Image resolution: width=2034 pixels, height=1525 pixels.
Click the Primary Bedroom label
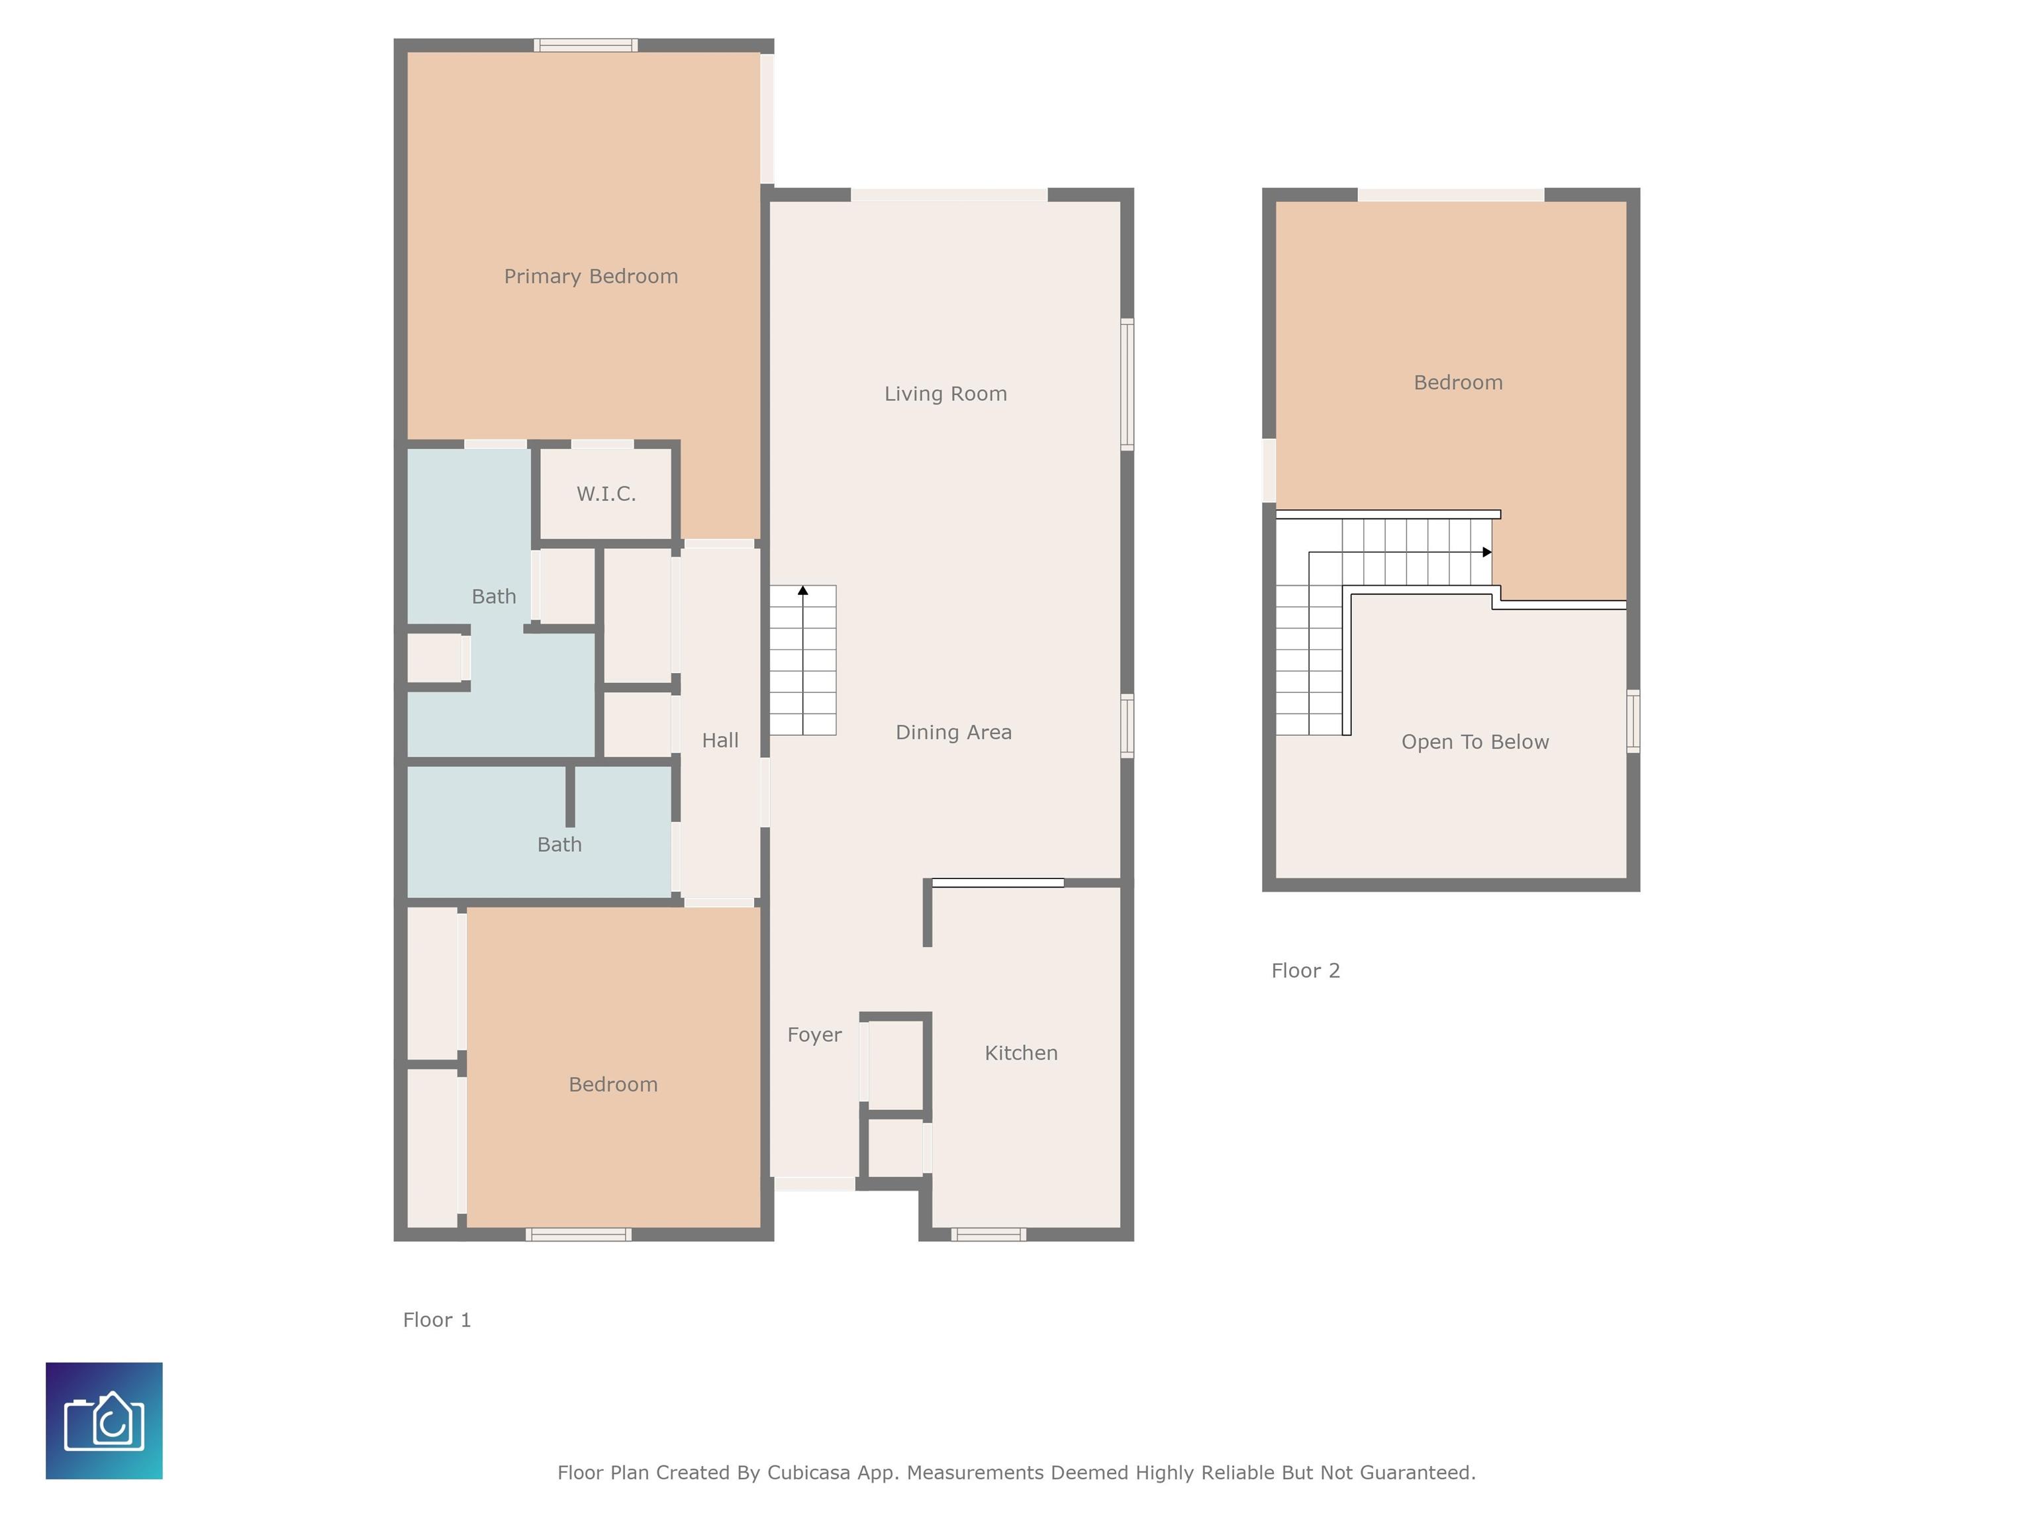tap(591, 277)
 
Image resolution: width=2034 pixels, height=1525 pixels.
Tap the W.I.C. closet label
tap(606, 494)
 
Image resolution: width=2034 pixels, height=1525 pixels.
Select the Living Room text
tap(945, 393)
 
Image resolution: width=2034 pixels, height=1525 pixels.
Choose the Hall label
tap(720, 741)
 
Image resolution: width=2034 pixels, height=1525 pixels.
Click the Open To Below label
tap(1475, 742)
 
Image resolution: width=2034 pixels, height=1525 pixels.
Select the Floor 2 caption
tap(1305, 971)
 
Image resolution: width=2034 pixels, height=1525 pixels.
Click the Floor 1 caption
tap(437, 1320)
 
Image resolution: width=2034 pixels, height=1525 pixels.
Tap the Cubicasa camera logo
tap(104, 1420)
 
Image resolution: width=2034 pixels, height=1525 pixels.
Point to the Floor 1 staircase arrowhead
tap(802, 590)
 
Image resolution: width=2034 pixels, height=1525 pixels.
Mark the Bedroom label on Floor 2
tap(1457, 383)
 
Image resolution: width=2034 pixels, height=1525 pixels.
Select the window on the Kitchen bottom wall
tap(989, 1234)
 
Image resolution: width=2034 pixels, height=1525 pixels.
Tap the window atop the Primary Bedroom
tap(586, 45)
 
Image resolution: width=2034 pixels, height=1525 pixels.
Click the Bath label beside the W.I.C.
tap(494, 596)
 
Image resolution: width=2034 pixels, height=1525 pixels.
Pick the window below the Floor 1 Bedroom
tap(579, 1234)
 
